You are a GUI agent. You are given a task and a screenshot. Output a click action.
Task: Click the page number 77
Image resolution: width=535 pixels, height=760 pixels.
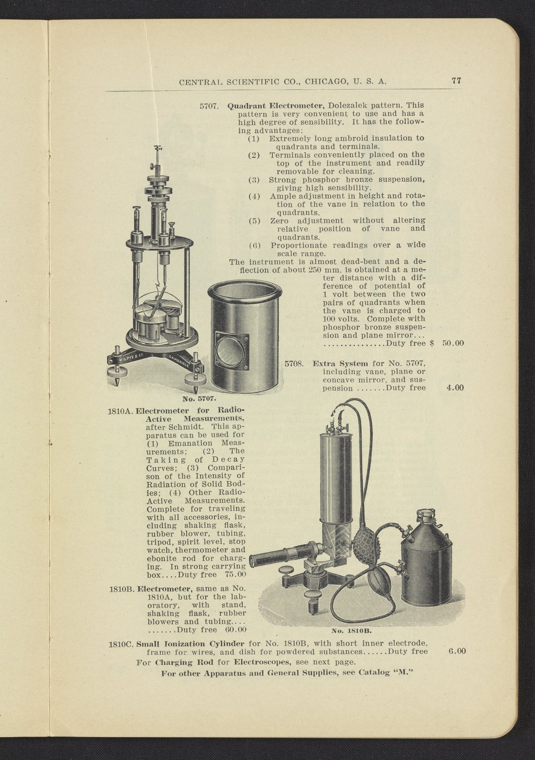[x=456, y=81]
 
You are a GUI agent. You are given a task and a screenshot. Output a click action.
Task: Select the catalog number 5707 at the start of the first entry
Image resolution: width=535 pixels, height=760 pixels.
[x=208, y=107]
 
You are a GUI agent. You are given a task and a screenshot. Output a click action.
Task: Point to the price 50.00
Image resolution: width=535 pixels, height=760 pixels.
[x=453, y=344]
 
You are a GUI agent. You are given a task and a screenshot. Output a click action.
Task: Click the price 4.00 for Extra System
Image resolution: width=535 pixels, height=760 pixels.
[x=455, y=388]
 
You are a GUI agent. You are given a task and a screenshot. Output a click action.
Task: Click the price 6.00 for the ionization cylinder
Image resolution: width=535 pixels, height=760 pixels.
[x=457, y=652]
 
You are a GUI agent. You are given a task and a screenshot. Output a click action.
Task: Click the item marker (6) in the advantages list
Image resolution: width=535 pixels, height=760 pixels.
[x=255, y=246]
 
